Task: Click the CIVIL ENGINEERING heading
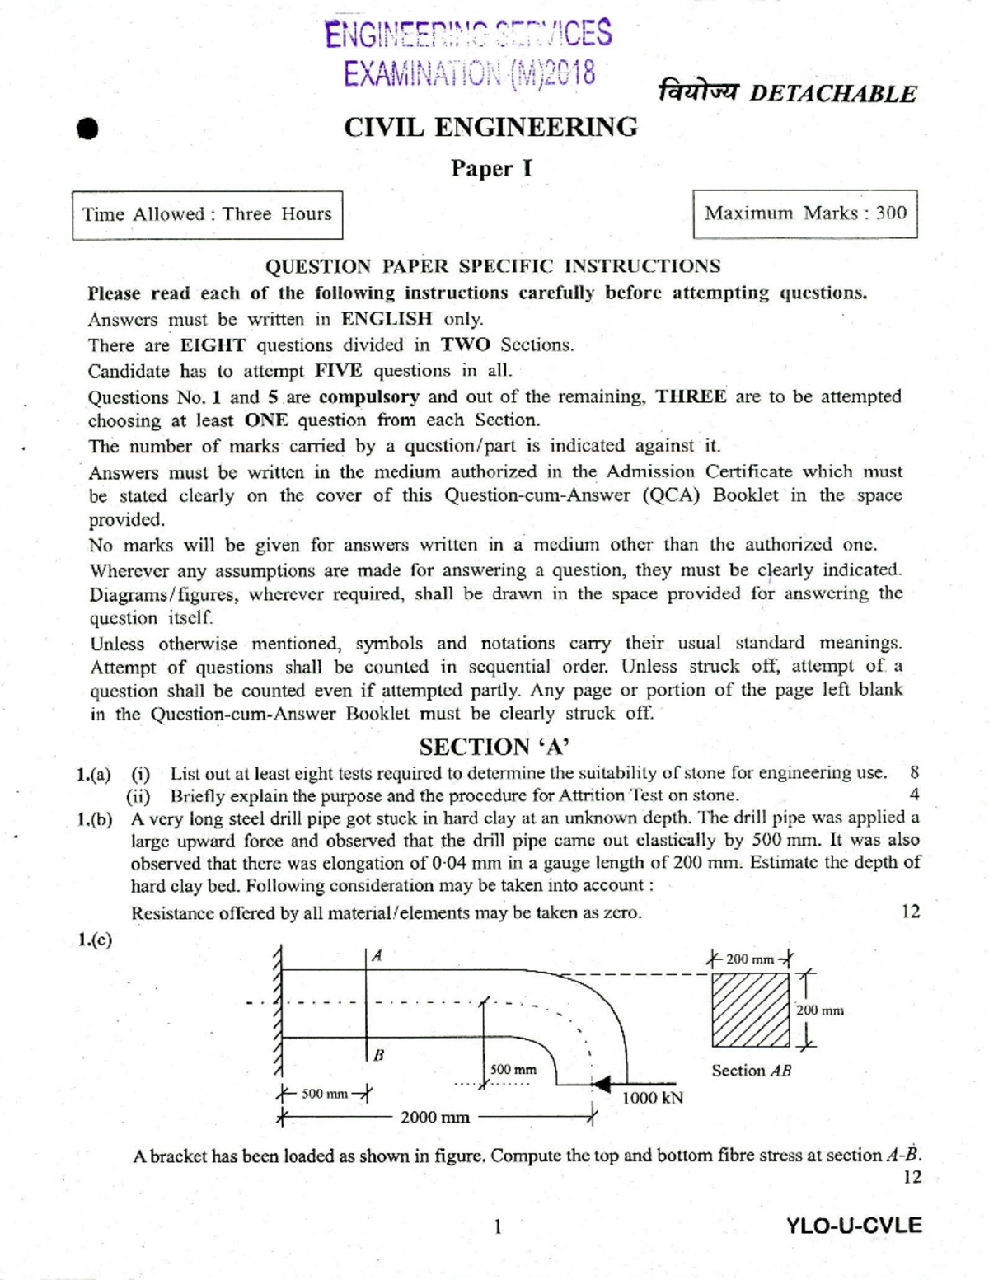(x=490, y=128)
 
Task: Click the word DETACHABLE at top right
(x=832, y=94)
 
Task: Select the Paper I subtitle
(x=491, y=169)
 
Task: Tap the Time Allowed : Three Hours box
(x=207, y=214)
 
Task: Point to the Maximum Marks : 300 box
(x=804, y=213)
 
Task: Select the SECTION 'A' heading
(x=494, y=747)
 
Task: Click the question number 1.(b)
(x=94, y=819)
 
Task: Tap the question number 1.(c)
(x=94, y=940)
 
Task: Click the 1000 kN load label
(x=652, y=1098)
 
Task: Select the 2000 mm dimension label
(x=435, y=1118)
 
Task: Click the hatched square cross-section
(x=750, y=1010)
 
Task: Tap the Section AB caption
(x=751, y=1071)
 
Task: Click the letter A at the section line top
(x=377, y=956)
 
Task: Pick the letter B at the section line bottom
(x=378, y=1055)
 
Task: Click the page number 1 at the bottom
(x=497, y=1226)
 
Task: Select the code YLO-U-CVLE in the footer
(x=854, y=1226)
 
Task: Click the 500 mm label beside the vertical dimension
(x=513, y=1069)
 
